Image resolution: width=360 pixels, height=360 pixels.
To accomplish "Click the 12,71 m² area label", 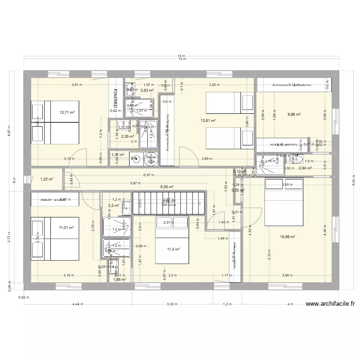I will pos(67,113).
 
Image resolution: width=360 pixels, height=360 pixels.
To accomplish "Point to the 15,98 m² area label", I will pos(287,236).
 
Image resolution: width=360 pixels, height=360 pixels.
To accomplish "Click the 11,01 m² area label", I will pos(66,228).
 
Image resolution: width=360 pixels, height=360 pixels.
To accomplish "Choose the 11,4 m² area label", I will pos(173,250).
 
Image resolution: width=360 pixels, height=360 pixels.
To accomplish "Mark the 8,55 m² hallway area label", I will pos(167,187).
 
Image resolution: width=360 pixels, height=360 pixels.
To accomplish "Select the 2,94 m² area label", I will pos(305,168).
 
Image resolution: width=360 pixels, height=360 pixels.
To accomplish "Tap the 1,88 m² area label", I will pos(119,279).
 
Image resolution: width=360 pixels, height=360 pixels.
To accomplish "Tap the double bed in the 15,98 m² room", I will pos(283,202).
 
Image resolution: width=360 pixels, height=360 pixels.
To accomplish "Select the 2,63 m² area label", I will pos(147,90).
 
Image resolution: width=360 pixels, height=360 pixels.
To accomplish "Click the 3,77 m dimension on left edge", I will pos(8,238).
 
